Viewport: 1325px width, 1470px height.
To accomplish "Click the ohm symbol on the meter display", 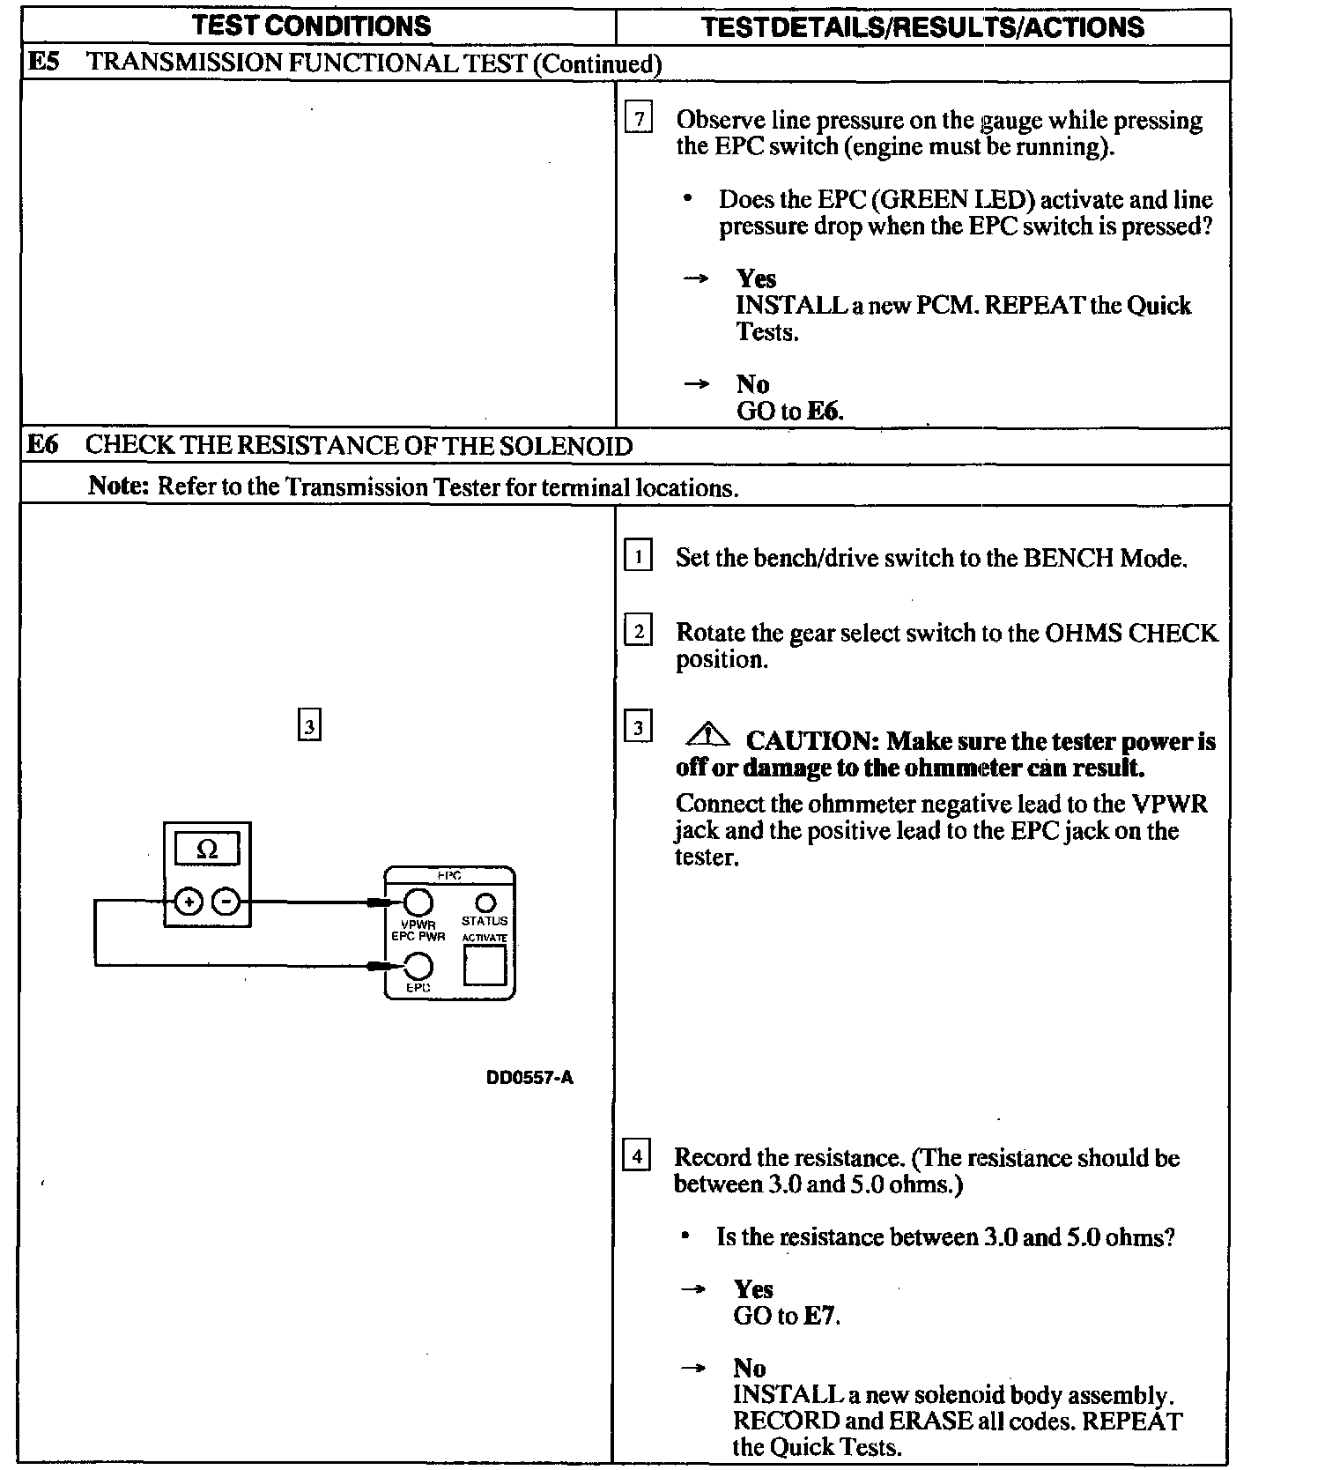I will [x=207, y=850].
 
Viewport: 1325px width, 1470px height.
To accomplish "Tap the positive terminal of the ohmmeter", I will [x=189, y=902].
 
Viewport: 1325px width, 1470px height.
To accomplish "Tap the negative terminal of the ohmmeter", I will [x=226, y=902].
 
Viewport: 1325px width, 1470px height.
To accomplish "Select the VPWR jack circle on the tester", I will [x=418, y=902].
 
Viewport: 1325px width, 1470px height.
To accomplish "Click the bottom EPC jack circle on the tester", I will [x=418, y=968].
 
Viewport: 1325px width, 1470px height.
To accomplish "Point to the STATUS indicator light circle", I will [x=485, y=903].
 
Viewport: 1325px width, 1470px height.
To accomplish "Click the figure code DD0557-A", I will [x=529, y=1077].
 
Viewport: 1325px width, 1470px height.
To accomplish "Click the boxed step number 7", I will [x=639, y=117].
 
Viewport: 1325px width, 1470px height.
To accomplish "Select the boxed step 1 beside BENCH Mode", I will [x=638, y=557].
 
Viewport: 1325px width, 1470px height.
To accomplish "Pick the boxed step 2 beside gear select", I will [x=638, y=631].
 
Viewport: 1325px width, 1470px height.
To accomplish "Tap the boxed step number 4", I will [x=636, y=1154].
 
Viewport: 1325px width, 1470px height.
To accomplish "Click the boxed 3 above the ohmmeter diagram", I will [x=309, y=726].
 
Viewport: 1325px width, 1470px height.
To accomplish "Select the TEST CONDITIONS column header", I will [x=313, y=26].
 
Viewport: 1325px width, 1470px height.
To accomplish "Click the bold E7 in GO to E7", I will [x=820, y=1316].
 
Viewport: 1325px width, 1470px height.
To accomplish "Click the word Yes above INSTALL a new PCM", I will [x=756, y=278].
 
